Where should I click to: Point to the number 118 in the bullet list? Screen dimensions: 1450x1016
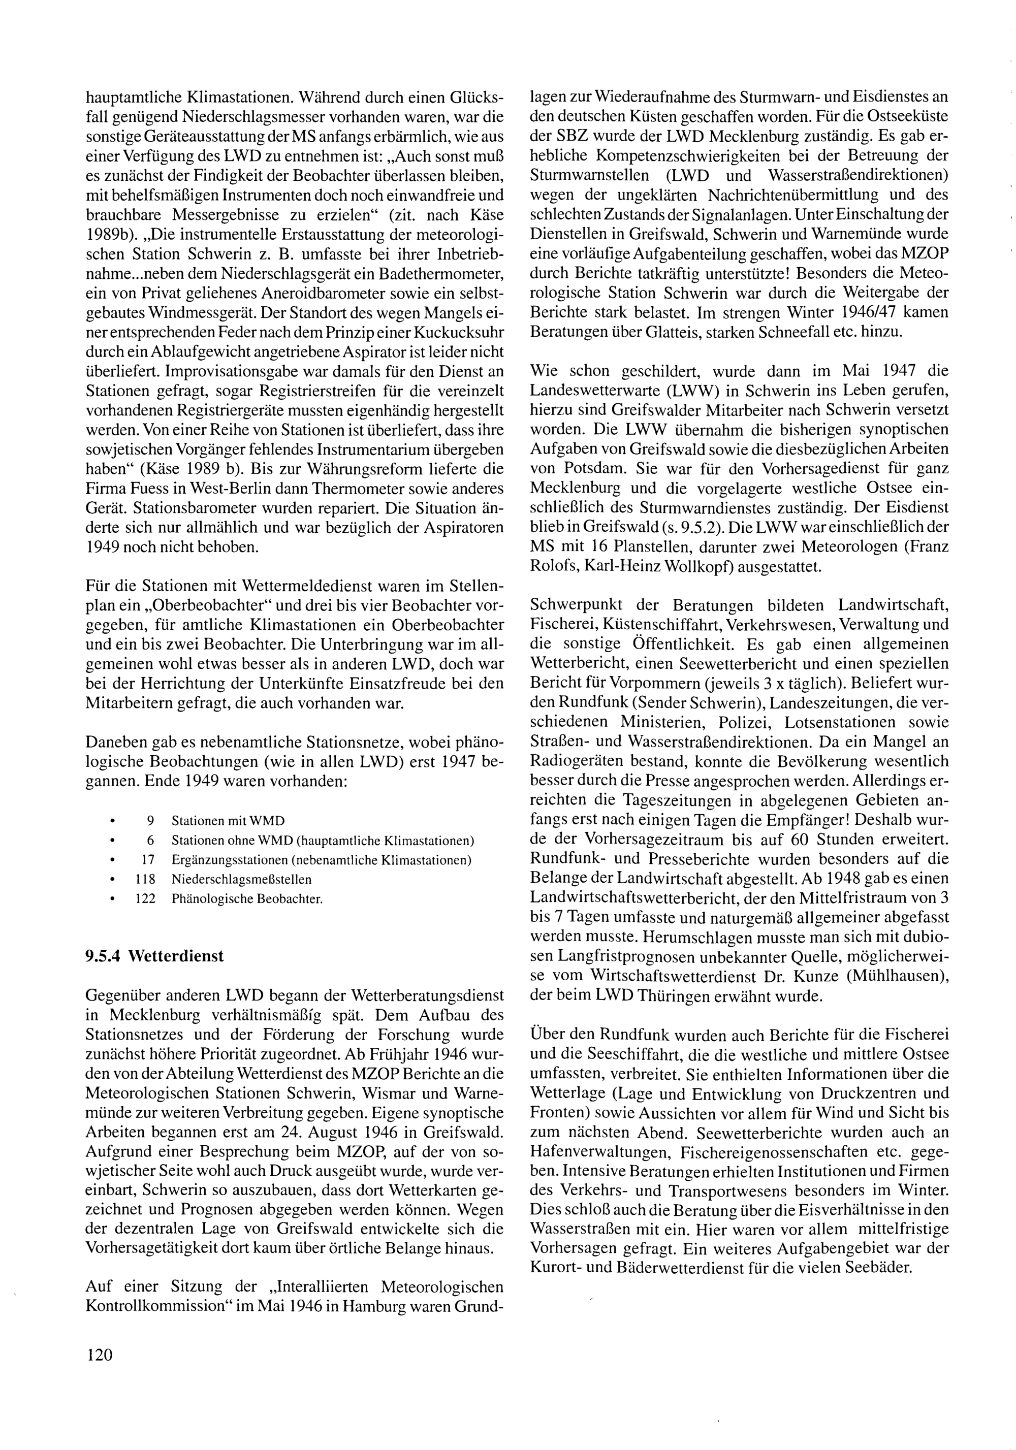[x=145, y=879]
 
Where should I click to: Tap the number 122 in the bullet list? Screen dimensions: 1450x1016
[x=145, y=898]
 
